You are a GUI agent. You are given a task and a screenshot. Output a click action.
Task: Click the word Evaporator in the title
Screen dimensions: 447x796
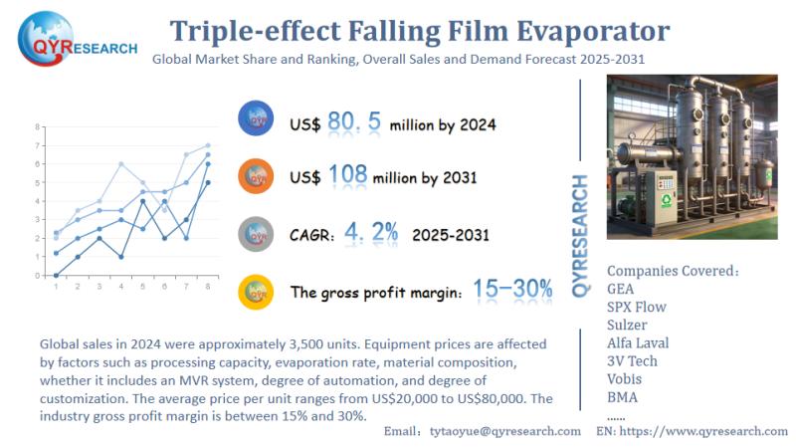[x=586, y=30]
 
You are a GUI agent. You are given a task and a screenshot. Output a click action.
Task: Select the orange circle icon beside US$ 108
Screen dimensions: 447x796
[x=256, y=175]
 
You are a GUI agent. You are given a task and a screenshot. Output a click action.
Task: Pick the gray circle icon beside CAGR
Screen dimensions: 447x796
[x=256, y=234]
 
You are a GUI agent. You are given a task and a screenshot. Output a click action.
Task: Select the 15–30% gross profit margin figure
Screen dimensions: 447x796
[x=512, y=289]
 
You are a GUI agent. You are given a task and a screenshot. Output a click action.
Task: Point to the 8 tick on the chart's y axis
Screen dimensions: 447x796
[x=38, y=127]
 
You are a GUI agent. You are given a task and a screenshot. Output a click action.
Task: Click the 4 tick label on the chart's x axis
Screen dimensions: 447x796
[x=120, y=287]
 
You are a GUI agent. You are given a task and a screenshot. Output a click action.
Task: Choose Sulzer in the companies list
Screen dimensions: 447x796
[x=628, y=325]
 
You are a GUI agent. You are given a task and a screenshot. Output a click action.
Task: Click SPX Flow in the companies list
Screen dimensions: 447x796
[x=637, y=307]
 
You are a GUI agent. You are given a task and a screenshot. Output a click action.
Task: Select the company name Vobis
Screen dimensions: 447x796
[x=626, y=378]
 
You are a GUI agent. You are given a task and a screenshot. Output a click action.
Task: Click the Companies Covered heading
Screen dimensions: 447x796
[x=673, y=270]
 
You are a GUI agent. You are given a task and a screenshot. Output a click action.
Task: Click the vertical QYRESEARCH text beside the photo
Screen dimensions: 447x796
[x=583, y=235]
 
